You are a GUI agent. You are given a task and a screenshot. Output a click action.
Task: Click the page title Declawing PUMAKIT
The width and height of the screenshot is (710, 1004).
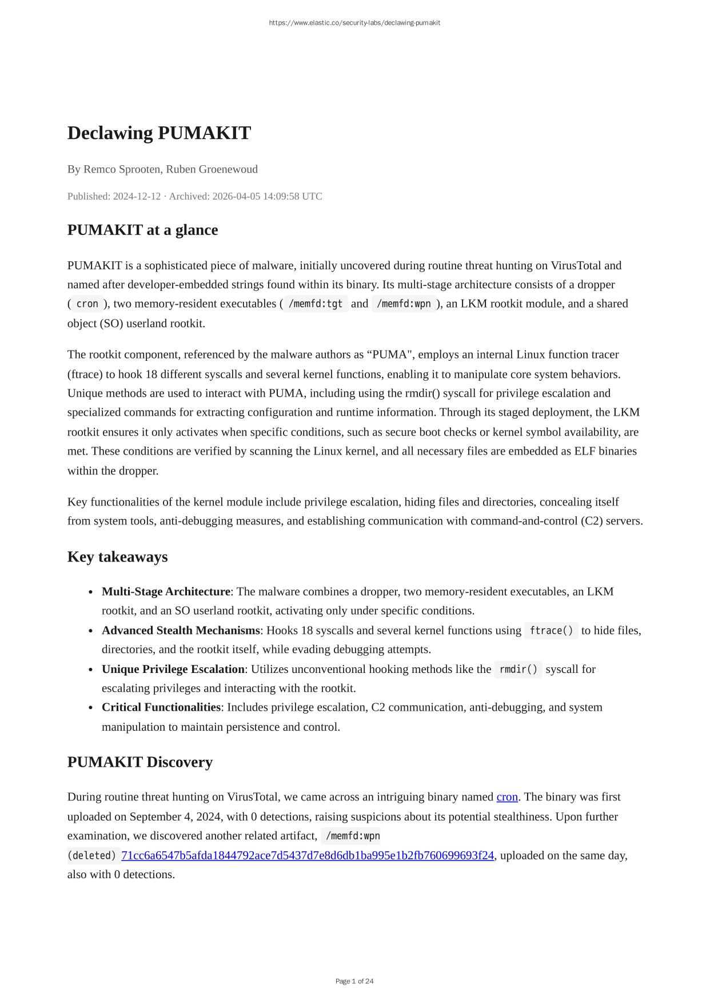click(159, 133)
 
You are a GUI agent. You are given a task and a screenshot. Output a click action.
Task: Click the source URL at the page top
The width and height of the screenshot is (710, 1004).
click(354, 23)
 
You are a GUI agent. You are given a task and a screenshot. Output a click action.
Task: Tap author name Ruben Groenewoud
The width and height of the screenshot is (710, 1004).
click(212, 169)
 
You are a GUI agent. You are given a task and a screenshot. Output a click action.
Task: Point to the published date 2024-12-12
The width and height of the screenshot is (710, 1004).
click(137, 196)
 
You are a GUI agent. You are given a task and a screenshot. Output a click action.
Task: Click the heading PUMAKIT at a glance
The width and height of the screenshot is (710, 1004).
click(142, 230)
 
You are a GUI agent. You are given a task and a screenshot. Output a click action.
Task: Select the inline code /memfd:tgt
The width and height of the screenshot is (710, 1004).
click(316, 304)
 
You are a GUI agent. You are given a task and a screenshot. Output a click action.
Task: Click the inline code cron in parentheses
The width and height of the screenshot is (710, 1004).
click(87, 304)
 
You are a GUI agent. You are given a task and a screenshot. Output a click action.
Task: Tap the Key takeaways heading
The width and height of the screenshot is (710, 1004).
click(117, 557)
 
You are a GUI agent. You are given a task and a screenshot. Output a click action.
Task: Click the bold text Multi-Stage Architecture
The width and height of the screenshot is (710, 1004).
click(166, 591)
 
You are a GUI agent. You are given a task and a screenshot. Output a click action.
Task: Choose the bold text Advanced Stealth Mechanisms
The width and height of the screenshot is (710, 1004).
click(181, 630)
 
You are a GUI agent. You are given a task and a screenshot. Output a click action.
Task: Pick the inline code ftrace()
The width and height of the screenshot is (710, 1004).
click(551, 630)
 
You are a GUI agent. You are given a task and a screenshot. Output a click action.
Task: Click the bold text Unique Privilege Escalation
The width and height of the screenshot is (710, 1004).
click(173, 669)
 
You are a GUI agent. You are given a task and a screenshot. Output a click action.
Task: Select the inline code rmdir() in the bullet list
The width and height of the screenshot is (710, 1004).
click(518, 669)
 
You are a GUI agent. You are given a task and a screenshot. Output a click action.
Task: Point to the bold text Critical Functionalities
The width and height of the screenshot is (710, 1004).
click(161, 707)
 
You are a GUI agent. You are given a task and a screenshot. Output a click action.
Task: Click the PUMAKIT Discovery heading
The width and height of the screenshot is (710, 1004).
click(139, 762)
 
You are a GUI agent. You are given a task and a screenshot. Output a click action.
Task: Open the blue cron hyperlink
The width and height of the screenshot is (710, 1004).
click(507, 797)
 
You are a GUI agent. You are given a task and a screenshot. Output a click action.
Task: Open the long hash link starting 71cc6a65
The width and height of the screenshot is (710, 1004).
click(308, 855)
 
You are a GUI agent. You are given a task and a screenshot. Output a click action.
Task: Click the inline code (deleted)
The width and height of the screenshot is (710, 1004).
click(92, 855)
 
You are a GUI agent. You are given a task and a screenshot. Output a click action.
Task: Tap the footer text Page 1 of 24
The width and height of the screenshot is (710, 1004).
click(354, 981)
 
